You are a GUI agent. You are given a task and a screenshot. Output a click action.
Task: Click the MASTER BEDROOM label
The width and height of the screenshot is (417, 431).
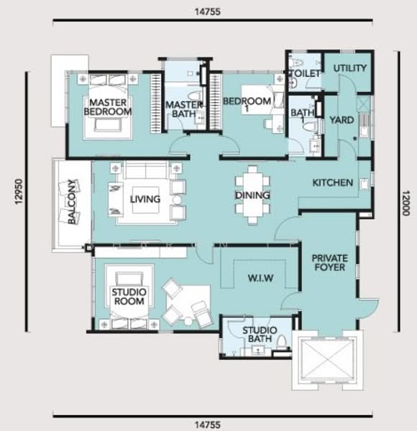[x=108, y=107]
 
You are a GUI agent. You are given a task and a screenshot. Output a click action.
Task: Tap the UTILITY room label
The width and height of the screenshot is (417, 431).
[x=350, y=68]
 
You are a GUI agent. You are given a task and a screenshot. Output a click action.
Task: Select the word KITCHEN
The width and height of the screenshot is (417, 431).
[x=333, y=182]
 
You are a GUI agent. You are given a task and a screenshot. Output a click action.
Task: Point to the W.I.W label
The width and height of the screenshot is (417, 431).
[x=260, y=278]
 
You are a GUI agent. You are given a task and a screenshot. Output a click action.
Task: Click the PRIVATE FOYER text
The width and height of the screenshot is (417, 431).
[x=329, y=263]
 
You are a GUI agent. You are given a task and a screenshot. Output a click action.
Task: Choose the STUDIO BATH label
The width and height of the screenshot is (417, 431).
[x=260, y=334]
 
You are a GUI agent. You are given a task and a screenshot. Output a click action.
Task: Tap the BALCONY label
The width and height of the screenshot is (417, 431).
[x=71, y=202]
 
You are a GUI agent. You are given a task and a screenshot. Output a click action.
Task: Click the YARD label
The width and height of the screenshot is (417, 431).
[x=342, y=120]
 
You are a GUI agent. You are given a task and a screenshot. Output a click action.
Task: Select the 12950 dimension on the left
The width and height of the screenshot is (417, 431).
[x=18, y=191]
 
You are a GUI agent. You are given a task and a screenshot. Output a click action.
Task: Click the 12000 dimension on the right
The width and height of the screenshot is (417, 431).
[x=405, y=203]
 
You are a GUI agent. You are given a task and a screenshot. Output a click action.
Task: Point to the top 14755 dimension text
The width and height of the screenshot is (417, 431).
[x=208, y=11]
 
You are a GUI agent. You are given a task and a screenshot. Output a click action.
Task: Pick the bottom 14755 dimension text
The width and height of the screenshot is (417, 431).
[x=208, y=425]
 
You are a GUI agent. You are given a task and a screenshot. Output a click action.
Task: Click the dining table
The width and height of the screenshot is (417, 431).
[x=252, y=195]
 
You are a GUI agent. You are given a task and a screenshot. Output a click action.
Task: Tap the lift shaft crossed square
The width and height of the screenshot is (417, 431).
[x=327, y=360]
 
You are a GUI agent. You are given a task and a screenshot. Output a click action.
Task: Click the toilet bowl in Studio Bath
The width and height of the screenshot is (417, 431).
[x=282, y=343]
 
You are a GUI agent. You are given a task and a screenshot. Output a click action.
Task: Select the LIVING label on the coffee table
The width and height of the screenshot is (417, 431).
[x=145, y=199]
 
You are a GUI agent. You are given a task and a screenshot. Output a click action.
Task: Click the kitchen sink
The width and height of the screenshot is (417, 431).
[x=365, y=184]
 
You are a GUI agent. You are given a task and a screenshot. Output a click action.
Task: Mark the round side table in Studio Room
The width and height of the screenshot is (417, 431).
[x=188, y=321]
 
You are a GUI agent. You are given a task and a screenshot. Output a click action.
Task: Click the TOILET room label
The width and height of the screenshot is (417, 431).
[x=305, y=73]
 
